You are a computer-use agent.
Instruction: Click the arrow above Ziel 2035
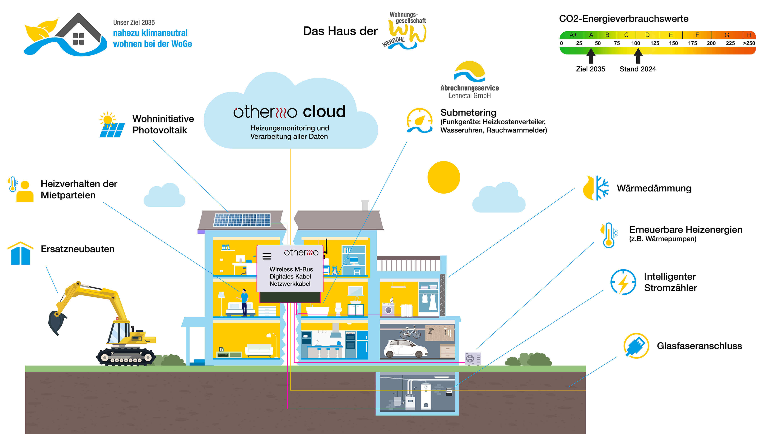tap(591, 55)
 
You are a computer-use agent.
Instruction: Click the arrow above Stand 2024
tap(638, 55)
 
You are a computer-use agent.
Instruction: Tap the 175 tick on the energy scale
tap(692, 43)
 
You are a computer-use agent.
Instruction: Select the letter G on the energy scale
tap(727, 35)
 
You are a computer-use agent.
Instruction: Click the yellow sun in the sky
tap(444, 177)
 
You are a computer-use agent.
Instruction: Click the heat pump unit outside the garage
tap(473, 358)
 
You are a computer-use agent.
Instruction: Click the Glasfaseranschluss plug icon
tap(636, 346)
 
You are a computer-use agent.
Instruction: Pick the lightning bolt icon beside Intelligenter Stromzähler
tap(623, 282)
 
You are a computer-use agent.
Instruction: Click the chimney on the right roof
tap(365, 206)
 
